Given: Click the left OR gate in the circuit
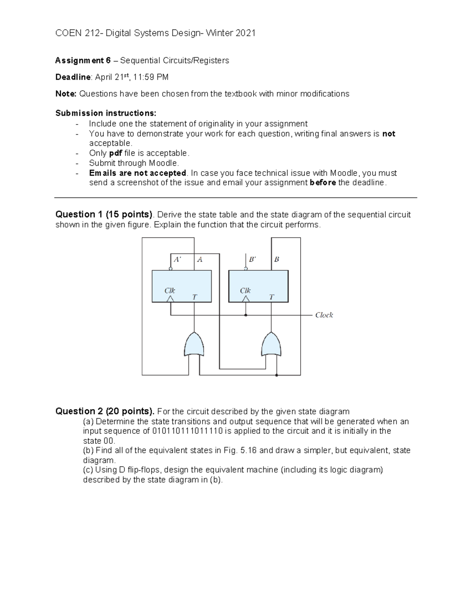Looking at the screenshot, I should [194, 344].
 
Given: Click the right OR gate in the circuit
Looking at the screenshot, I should [271, 344].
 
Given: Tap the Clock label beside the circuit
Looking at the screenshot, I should [324, 315].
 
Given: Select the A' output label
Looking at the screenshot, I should [177, 260].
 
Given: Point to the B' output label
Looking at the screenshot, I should [252, 260].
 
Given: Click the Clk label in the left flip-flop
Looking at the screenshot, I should [170, 291].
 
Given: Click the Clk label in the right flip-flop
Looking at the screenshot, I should [245, 291].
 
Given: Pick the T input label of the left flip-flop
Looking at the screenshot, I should [194, 297].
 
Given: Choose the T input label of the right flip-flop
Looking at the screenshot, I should [271, 297].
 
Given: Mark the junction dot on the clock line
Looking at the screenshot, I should [246, 315].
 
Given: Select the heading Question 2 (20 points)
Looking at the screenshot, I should [105, 411].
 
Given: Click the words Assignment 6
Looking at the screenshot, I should [83, 60].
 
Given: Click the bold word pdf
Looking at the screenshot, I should [115, 153].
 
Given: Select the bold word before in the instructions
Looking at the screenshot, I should [323, 183].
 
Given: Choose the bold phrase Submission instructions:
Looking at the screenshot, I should [106, 113].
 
